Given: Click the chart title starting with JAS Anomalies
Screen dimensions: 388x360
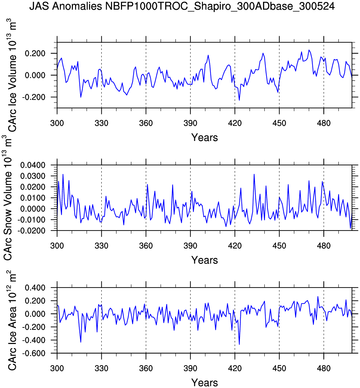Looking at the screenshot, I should [182, 6].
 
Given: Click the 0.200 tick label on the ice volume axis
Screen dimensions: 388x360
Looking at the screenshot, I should [35, 53].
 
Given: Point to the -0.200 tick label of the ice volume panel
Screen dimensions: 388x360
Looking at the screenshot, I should [34, 97].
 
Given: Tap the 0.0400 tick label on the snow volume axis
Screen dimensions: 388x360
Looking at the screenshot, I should [33, 165].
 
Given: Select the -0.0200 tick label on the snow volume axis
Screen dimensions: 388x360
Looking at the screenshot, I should [32, 231].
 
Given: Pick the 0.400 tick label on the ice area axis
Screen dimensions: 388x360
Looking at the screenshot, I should [35, 288].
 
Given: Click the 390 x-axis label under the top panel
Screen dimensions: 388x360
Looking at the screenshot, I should [190, 123].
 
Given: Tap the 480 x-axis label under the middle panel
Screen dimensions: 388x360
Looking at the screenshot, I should [324, 246].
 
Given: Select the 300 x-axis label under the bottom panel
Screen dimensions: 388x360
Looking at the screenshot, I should [57, 368].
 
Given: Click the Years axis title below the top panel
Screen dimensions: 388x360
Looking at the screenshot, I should [204, 137].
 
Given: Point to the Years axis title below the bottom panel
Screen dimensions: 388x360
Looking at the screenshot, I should [204, 383].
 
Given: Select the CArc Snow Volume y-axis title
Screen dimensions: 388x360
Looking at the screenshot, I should [8, 198].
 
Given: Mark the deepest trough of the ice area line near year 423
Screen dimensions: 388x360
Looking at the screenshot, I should [239, 344].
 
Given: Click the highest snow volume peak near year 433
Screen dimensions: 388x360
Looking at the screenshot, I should [254, 174].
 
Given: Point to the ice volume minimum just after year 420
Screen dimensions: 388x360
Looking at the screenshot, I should [239, 100].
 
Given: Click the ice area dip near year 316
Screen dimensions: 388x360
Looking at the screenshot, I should [81, 342].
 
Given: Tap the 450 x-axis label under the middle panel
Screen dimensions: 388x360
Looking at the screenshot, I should [279, 246].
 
